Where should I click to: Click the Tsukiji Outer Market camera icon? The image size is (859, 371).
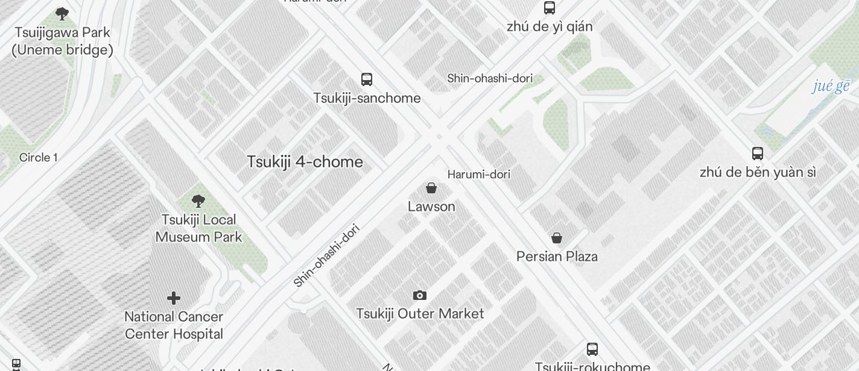point(420,295)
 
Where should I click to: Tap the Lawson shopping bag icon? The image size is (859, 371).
point(431,188)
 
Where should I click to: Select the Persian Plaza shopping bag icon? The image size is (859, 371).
point(557,238)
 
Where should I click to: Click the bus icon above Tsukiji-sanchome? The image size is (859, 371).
point(367,79)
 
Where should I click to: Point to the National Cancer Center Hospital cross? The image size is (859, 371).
point(174,298)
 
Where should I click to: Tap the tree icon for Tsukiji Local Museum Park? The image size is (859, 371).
point(198,201)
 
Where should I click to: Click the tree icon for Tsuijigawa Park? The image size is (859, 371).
point(62,14)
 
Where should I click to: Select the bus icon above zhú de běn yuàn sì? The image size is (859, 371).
point(758,153)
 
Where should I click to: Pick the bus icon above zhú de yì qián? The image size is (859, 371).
point(550,8)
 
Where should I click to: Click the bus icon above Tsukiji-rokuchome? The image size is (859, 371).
point(592,349)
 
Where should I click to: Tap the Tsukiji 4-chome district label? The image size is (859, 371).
point(305,161)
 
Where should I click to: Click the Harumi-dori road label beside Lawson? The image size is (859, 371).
point(479,174)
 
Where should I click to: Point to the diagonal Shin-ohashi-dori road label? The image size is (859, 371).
point(326,255)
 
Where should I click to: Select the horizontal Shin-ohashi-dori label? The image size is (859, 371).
point(490,78)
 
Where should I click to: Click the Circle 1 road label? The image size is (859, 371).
point(39,157)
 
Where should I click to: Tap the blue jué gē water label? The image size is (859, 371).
point(831,86)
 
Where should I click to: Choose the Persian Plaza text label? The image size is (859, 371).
point(557,257)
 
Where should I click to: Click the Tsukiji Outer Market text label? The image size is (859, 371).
point(420,314)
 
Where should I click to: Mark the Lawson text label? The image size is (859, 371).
point(431,207)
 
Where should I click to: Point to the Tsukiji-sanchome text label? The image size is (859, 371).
point(367,98)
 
